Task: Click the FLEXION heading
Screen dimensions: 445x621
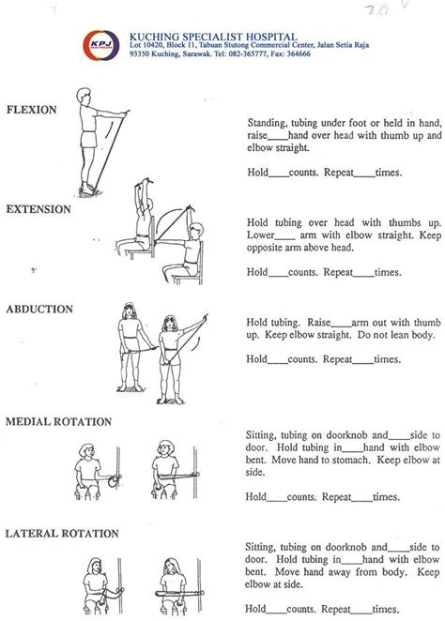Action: [32, 110]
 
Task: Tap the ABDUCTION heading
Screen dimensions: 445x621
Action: [39, 308]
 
